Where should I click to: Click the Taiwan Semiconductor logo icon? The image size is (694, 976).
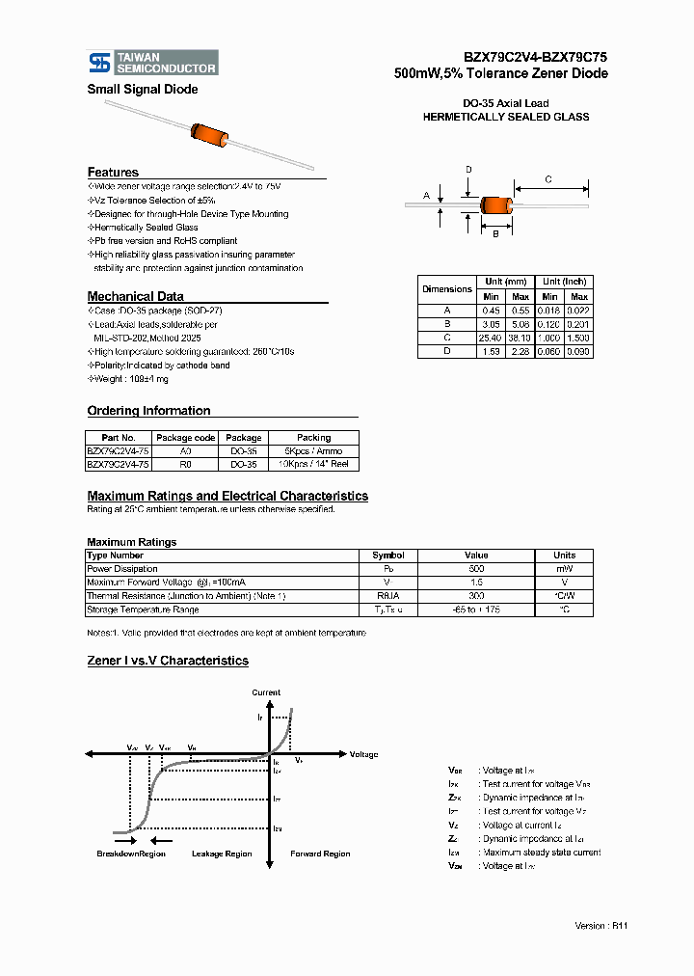(99, 63)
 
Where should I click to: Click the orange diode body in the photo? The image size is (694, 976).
(209, 136)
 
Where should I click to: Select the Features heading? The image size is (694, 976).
(113, 172)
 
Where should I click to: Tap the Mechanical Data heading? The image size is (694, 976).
(135, 296)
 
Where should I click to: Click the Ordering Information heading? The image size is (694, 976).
(148, 411)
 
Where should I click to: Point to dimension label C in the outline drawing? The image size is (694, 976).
(548, 179)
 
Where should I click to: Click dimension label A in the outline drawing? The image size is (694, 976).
(426, 195)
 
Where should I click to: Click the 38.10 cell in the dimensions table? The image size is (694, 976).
(520, 339)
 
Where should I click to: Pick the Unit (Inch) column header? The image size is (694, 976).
(564, 281)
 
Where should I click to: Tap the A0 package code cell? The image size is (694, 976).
(185, 450)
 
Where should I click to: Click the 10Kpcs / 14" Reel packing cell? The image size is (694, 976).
(313, 464)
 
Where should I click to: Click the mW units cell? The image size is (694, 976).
(564, 569)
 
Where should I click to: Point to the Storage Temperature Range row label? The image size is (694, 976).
(143, 610)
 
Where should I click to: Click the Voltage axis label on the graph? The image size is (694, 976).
(363, 754)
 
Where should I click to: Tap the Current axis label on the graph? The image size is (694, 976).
(266, 692)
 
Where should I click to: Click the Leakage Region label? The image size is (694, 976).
(222, 854)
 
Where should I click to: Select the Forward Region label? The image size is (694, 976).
(320, 854)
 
